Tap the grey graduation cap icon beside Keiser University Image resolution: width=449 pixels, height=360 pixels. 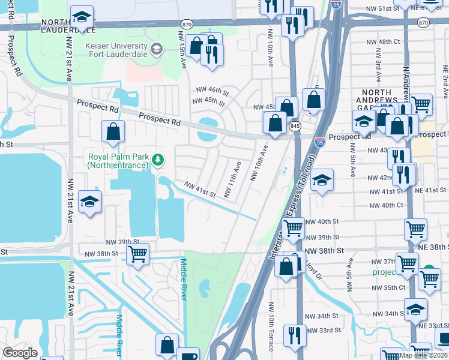(x=157, y=49)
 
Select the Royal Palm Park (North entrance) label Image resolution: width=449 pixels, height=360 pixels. (x=117, y=160)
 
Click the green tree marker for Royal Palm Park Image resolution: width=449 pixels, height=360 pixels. (x=158, y=160)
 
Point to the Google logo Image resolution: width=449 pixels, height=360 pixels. (x=20, y=353)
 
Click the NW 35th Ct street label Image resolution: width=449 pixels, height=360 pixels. (x=383, y=287)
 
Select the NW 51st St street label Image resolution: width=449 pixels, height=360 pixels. (x=382, y=9)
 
